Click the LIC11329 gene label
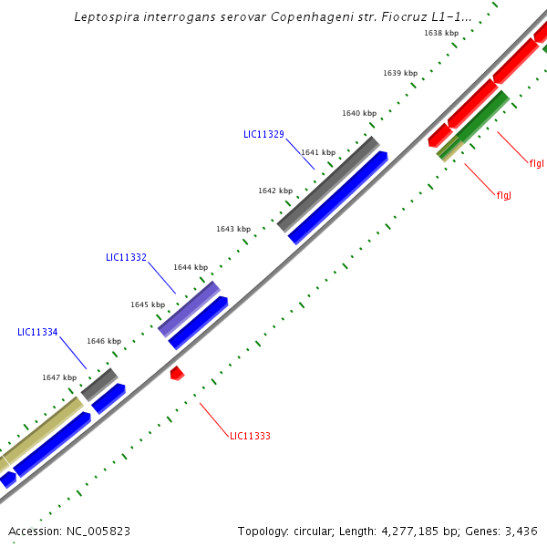click(263, 134)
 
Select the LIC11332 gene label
click(126, 258)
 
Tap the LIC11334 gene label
click(37, 332)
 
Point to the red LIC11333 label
click(250, 436)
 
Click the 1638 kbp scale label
click(440, 33)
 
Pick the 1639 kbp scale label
click(399, 73)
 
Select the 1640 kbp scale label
click(358, 113)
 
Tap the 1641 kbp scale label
click(317, 152)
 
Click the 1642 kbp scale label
click(274, 191)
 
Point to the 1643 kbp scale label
click(232, 229)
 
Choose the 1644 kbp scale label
click(190, 267)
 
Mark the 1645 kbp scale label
click(147, 304)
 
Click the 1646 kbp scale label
click(103, 341)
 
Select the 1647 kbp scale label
click(58, 377)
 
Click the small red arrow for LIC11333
click(177, 372)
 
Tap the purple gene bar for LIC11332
click(189, 309)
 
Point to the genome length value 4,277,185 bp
click(420, 531)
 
